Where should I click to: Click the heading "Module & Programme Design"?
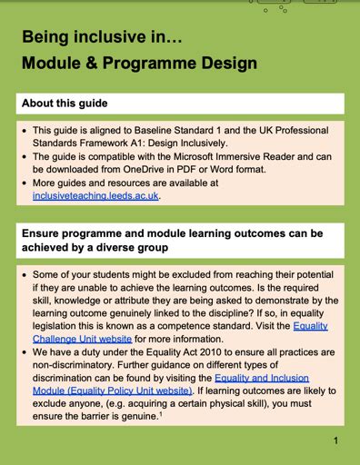[x=139, y=64]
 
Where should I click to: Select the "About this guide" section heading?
[x=65, y=104]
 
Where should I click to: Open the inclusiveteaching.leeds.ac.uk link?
[x=95, y=195]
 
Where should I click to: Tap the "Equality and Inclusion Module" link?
[x=260, y=377]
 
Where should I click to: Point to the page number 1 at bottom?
[x=335, y=440]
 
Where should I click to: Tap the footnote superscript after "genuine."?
[x=161, y=412]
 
